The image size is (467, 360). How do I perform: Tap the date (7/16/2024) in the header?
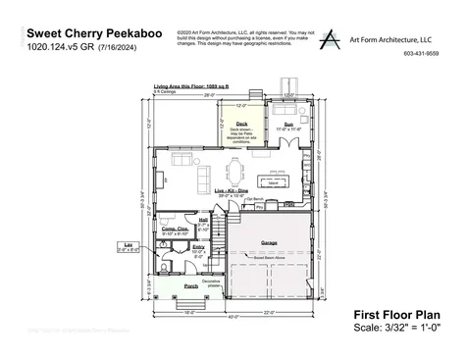[119, 46]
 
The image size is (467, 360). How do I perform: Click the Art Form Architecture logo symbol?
[337, 39]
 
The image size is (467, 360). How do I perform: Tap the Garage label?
[269, 241]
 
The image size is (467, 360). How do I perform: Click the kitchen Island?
[276, 180]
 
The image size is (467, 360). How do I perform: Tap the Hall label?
[203, 220]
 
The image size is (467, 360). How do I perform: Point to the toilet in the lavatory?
[168, 264]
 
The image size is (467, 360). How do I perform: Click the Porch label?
[190, 286]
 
